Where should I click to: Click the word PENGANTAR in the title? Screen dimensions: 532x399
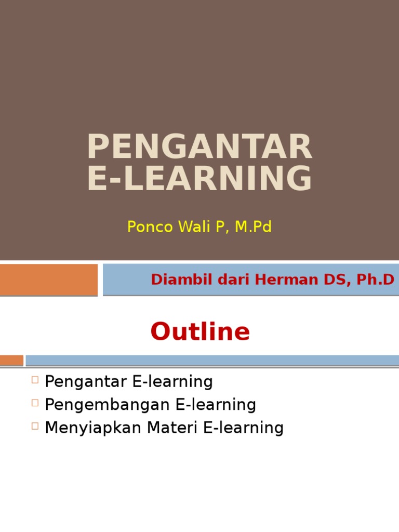[x=199, y=147]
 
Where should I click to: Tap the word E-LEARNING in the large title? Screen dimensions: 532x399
[x=199, y=178]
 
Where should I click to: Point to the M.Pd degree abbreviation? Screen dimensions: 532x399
[x=252, y=227]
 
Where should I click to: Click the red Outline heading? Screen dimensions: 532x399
[x=200, y=331]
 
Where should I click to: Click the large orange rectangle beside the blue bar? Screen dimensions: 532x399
[x=49, y=280]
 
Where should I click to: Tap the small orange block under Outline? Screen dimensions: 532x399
[x=11, y=360]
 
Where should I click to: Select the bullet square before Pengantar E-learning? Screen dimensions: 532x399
[x=35, y=380]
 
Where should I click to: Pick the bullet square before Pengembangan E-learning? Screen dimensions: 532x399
[x=35, y=403]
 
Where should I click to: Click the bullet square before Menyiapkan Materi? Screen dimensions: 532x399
[x=35, y=425]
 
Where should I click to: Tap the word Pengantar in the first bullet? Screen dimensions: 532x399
[x=86, y=382]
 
